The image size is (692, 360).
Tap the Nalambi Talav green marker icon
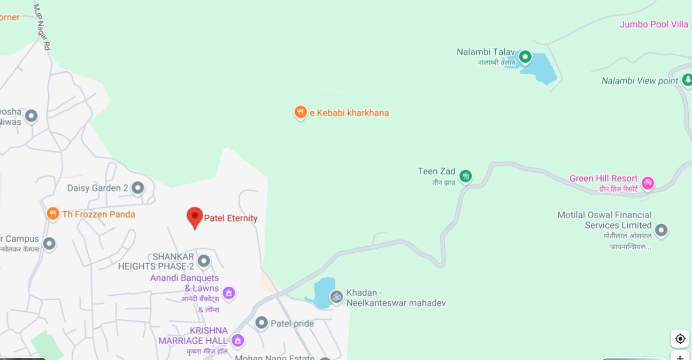(x=525, y=56)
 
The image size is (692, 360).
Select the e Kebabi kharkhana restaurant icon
(x=301, y=112)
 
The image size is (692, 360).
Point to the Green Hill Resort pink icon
(x=648, y=183)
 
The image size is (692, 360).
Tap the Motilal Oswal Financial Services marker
(x=661, y=230)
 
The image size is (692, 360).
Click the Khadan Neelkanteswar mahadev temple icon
(x=336, y=296)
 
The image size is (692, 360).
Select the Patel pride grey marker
(x=262, y=323)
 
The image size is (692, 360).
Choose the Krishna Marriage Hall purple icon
(x=238, y=340)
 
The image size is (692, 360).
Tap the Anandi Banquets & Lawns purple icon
(x=229, y=293)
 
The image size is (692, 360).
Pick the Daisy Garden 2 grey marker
(x=138, y=188)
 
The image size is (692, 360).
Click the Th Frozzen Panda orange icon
(x=52, y=214)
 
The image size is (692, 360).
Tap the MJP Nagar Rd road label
(x=42, y=27)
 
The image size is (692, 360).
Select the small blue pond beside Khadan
(x=322, y=293)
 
